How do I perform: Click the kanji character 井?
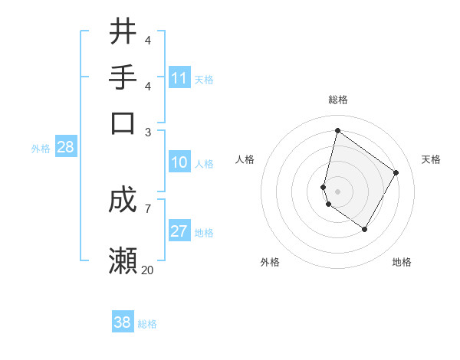pyautogui.click(x=123, y=32)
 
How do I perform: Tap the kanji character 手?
pyautogui.click(x=123, y=77)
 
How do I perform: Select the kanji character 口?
pyautogui.click(x=123, y=123)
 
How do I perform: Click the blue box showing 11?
pyautogui.click(x=179, y=78)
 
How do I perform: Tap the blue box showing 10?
pyautogui.click(x=179, y=162)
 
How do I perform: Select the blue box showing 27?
pyautogui.click(x=179, y=232)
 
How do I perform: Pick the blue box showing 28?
pyautogui.click(x=66, y=148)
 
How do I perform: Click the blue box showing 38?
pyautogui.click(x=123, y=322)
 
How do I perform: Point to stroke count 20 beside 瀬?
pyautogui.click(x=148, y=270)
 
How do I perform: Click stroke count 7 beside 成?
pyautogui.click(x=147, y=208)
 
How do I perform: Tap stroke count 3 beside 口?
pyautogui.click(x=148, y=132)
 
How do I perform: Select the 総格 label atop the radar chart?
pyautogui.click(x=338, y=100)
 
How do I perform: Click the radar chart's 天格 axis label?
pyautogui.click(x=431, y=159)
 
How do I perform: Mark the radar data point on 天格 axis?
pyautogui.click(x=396, y=172)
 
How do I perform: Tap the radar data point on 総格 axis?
pyautogui.click(x=337, y=130)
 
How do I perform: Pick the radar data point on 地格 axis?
pyautogui.click(x=365, y=229)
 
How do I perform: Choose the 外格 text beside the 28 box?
pyautogui.click(x=41, y=149)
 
